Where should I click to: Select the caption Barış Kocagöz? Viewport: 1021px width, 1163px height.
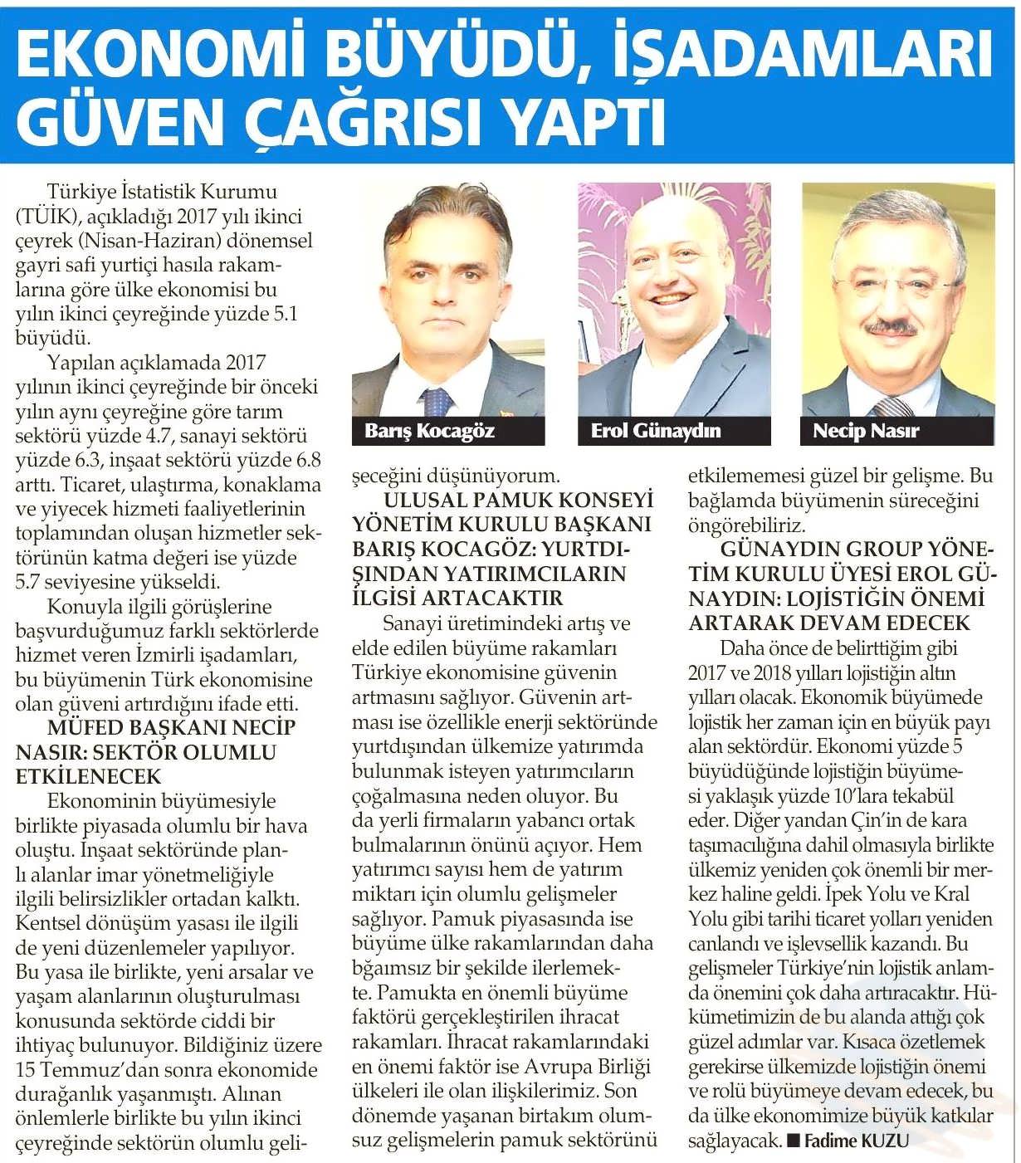point(429,431)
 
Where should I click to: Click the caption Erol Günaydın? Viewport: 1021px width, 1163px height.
point(655,431)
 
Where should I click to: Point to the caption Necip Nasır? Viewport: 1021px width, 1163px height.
point(866,431)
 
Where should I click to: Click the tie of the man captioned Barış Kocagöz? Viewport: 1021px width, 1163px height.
point(436,402)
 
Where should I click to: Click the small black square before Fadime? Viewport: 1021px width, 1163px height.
point(793,1141)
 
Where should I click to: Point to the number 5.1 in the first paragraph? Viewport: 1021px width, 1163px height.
point(282,314)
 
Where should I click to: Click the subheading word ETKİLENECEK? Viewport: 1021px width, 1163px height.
point(88,777)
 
